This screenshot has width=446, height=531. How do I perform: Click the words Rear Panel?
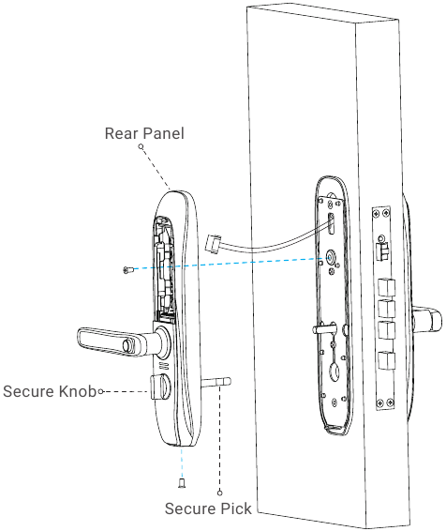(x=144, y=133)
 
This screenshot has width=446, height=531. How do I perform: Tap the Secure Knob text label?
(x=50, y=391)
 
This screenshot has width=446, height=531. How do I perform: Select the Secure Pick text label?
(x=208, y=508)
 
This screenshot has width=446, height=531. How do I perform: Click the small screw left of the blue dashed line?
(x=127, y=270)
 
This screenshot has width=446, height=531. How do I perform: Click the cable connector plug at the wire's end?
(x=213, y=244)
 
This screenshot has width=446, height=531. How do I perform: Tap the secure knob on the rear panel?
(x=159, y=387)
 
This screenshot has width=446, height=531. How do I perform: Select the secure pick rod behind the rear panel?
(x=216, y=383)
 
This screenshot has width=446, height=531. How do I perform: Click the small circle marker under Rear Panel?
(x=141, y=146)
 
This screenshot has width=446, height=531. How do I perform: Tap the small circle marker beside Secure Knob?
(x=101, y=391)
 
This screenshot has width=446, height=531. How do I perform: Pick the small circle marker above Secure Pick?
(x=220, y=493)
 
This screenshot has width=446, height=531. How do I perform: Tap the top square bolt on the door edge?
(x=386, y=287)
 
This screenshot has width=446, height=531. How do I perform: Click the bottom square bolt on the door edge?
(x=386, y=361)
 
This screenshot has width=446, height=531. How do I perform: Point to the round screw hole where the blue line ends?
(x=331, y=257)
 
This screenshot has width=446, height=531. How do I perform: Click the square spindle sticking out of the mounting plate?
(x=324, y=328)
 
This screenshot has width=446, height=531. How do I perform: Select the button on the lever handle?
(x=128, y=345)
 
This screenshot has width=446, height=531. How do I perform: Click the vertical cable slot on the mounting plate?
(x=332, y=224)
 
